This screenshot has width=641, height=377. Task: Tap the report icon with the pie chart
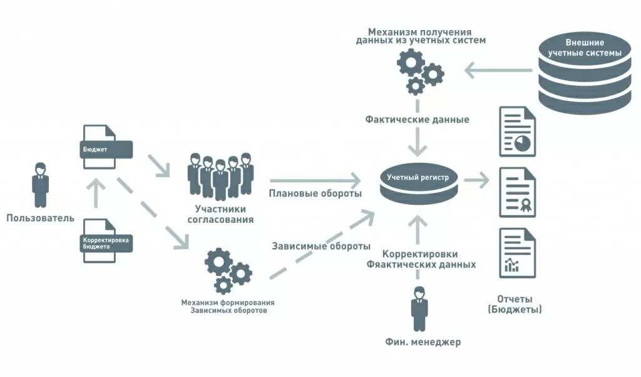click(517, 132)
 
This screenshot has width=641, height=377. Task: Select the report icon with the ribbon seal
click(517, 192)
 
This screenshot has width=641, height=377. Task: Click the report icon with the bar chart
click(517, 253)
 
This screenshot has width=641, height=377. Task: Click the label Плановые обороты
click(315, 194)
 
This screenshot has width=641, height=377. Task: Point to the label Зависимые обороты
click(321, 246)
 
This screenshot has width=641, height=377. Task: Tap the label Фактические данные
click(417, 119)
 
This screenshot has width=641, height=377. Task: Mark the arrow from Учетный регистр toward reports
click(477, 181)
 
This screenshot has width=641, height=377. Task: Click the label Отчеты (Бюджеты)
click(514, 304)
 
